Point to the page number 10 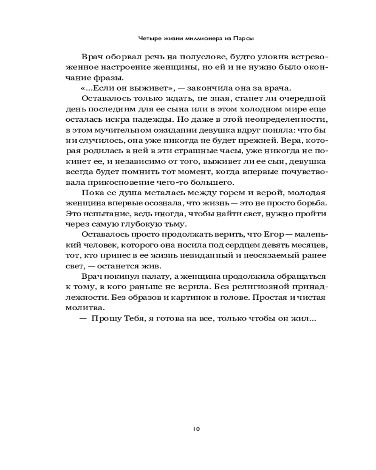[x=196, y=428]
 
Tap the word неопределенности [x=280, y=120]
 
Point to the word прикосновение [x=118, y=182]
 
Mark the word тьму [x=174, y=224]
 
